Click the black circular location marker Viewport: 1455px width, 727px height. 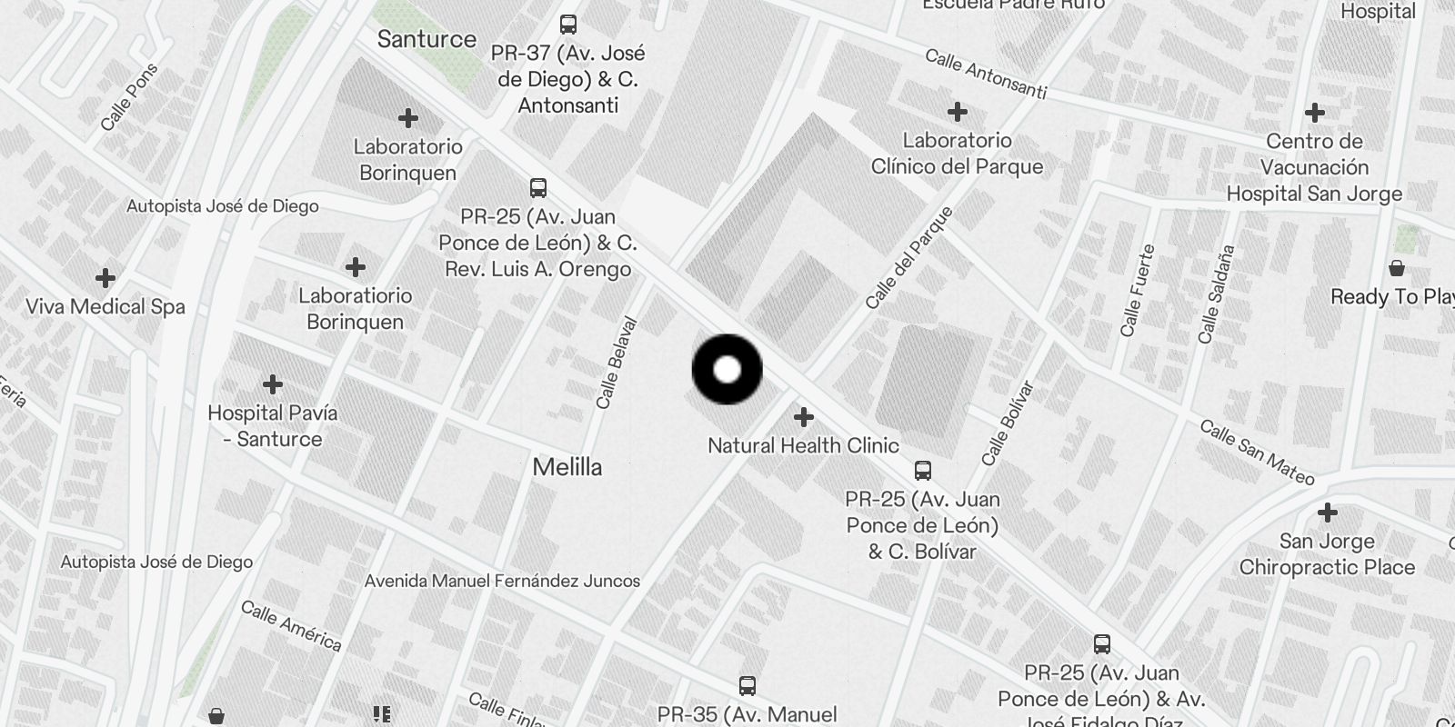[727, 369]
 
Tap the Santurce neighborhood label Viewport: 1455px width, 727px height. [426, 39]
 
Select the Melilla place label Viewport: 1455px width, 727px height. [567, 467]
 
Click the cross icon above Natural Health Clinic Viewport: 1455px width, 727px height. [803, 417]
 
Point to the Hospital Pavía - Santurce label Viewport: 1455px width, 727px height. [272, 425]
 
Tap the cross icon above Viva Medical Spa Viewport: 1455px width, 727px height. [105, 277]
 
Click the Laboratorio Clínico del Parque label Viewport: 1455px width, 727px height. [957, 154]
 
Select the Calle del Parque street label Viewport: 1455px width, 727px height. [908, 257]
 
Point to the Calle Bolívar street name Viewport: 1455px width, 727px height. [1008, 423]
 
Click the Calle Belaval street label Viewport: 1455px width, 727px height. [617, 363]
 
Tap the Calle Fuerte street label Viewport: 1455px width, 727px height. [1137, 291]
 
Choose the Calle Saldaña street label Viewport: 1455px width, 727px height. [1216, 294]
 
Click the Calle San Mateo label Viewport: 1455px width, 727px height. [1257, 452]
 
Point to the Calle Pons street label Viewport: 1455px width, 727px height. [129, 97]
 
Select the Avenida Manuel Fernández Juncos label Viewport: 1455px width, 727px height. [502, 581]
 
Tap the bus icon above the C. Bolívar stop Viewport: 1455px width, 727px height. [922, 471]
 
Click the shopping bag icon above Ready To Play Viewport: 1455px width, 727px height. [1396, 268]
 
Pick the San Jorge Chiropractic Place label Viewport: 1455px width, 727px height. [1327, 554]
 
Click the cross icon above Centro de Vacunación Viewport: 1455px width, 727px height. [1314, 113]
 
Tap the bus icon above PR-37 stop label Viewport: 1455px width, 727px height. [568, 25]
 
